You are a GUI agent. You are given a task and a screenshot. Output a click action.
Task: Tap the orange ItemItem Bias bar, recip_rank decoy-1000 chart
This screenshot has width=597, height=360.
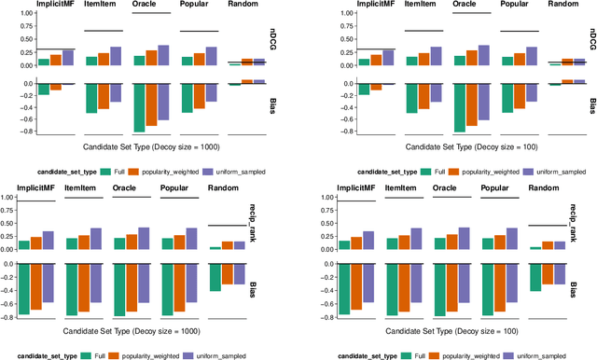point(84,287)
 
